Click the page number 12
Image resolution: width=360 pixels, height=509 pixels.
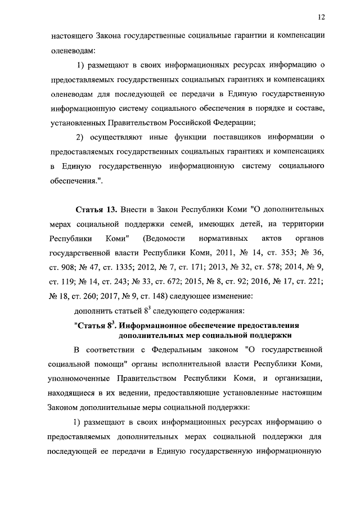[322, 17]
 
